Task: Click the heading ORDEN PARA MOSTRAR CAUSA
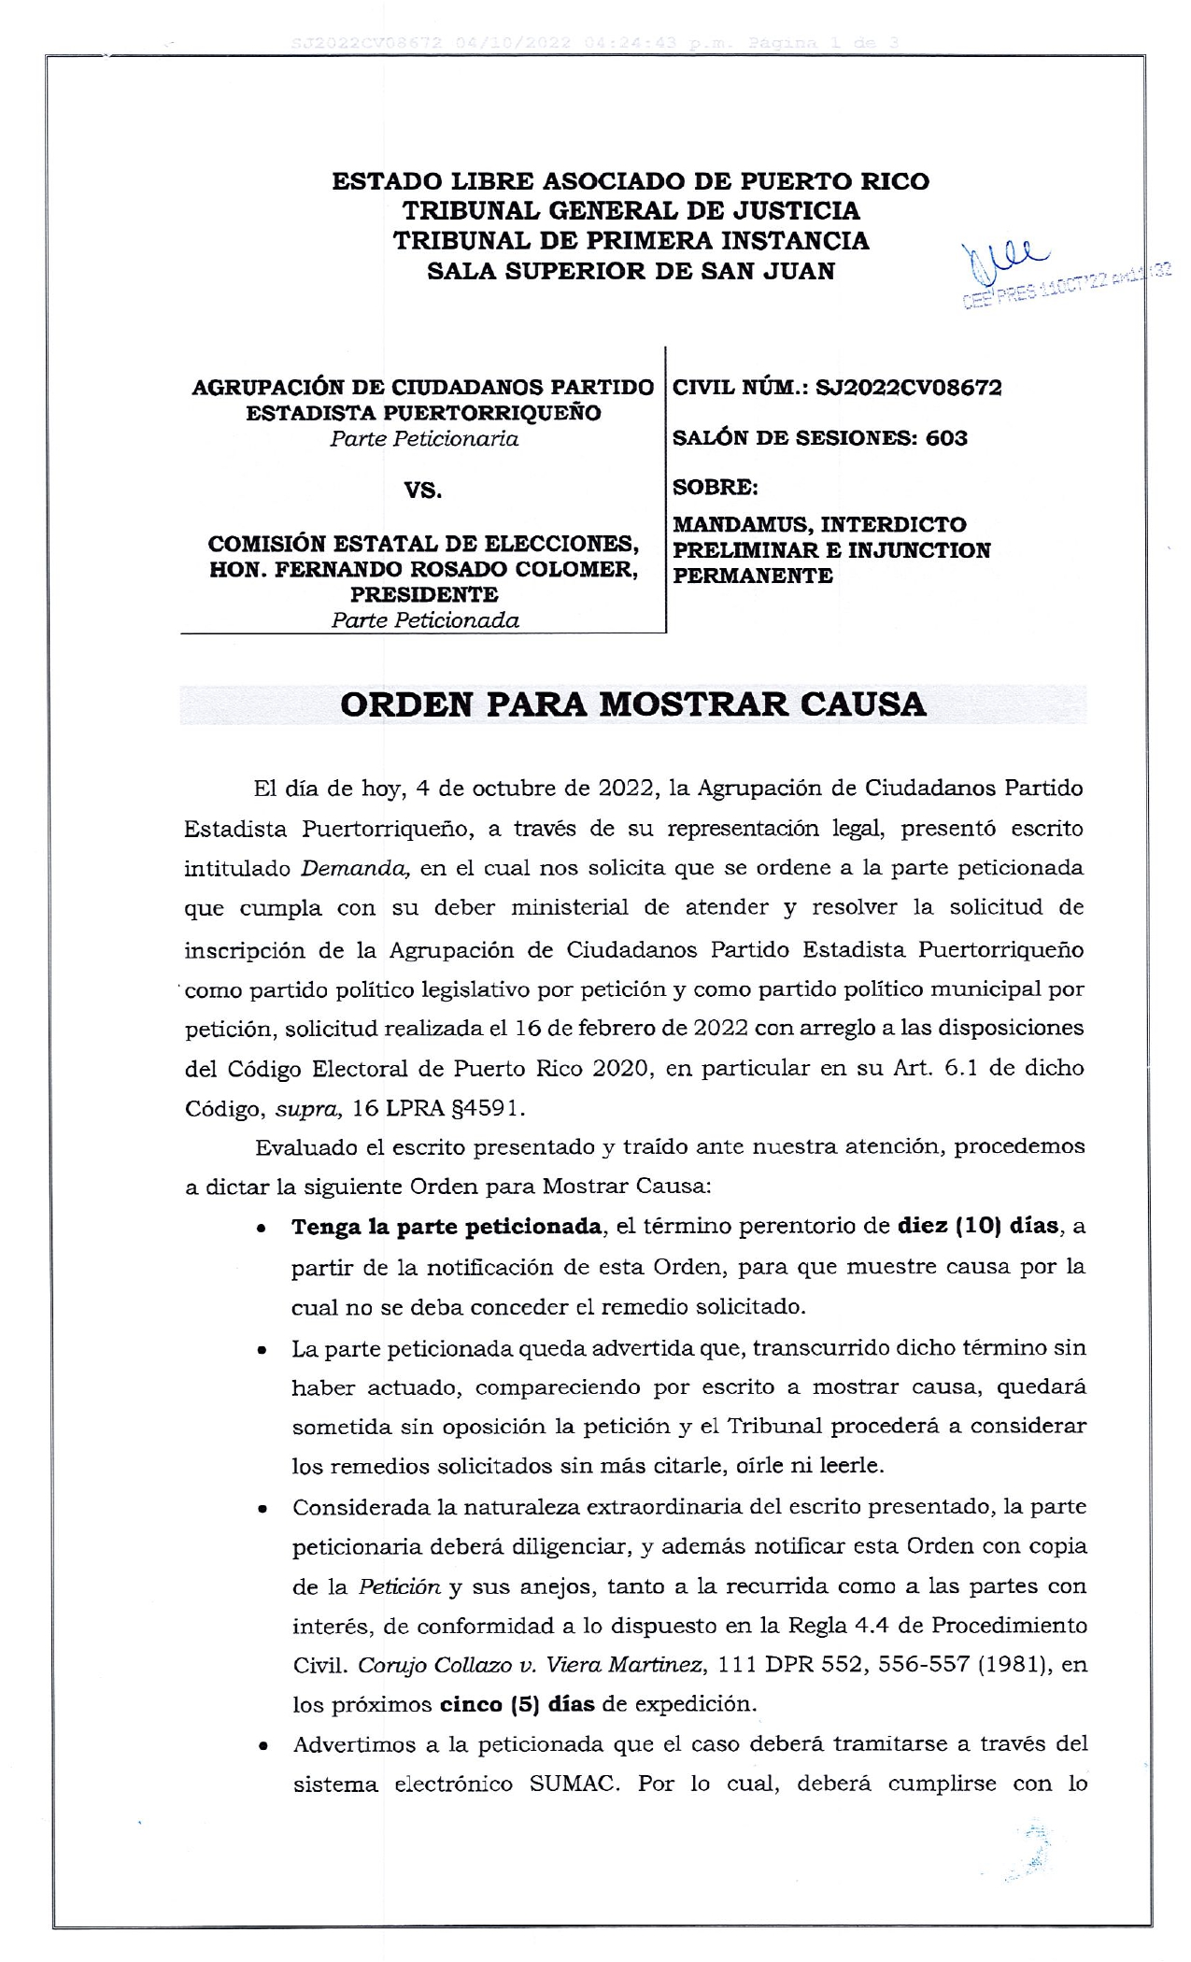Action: point(632,704)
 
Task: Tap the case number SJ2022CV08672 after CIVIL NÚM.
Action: point(908,388)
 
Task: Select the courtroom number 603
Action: point(946,438)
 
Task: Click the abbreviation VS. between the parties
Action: point(422,490)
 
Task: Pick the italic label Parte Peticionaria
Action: point(423,439)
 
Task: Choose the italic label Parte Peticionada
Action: point(424,620)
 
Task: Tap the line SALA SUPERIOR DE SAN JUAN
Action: point(631,271)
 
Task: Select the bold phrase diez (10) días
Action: point(978,1227)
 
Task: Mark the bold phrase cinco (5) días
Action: point(517,1703)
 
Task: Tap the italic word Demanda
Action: point(356,868)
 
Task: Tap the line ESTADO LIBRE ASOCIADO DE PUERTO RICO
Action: point(631,181)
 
